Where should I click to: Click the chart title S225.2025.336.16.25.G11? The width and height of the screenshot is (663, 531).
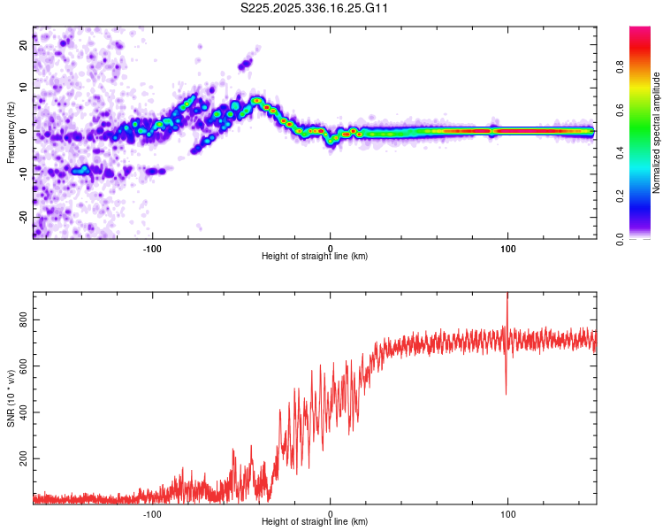pyautogui.click(x=315, y=8)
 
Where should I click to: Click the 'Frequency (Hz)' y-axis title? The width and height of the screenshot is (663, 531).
pyautogui.click(x=11, y=132)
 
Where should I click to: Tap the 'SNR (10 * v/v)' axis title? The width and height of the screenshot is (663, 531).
pyautogui.click(x=11, y=397)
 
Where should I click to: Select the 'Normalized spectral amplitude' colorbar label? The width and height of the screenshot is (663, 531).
pyautogui.click(x=656, y=133)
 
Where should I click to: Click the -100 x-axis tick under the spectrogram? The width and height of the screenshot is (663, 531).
pyautogui.click(x=152, y=248)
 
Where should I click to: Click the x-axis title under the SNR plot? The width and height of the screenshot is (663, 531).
pyautogui.click(x=315, y=522)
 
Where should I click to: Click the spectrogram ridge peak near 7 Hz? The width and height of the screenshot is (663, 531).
pyautogui.click(x=256, y=100)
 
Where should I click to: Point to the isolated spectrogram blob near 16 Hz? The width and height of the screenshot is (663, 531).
pyautogui.click(x=245, y=64)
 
